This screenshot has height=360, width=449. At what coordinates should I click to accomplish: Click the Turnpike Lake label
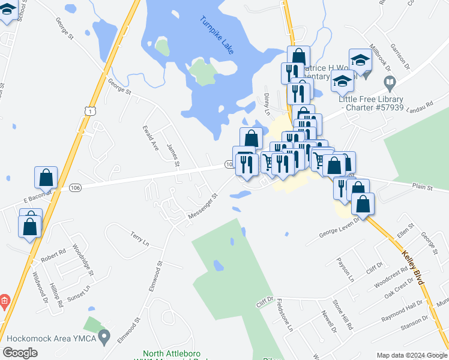point(217,36)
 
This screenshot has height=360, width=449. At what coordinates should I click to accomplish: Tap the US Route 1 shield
point(89,111)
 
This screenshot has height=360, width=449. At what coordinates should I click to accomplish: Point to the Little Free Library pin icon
point(390,82)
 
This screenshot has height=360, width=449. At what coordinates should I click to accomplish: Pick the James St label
point(173,155)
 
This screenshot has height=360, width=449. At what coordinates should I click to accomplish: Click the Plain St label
point(422,188)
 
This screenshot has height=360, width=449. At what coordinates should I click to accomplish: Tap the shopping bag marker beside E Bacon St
point(46,178)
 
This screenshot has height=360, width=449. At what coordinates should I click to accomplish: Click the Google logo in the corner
point(20,353)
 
